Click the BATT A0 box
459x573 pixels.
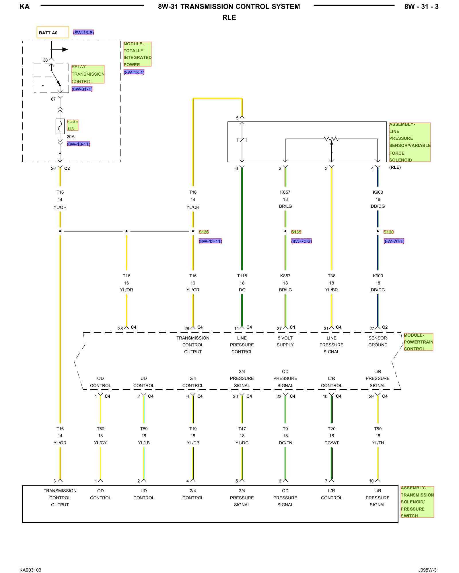(x=53, y=32)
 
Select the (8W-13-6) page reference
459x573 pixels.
(x=83, y=33)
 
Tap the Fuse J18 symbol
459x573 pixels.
(x=60, y=126)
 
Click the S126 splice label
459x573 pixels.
(x=204, y=232)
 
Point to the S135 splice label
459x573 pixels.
(x=296, y=232)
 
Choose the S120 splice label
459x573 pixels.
(x=388, y=232)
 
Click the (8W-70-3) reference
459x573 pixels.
(x=302, y=241)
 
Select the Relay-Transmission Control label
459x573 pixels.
(x=88, y=74)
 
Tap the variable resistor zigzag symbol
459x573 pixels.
(x=331, y=139)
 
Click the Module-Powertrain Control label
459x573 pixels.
(x=418, y=342)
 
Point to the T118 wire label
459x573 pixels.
(x=242, y=276)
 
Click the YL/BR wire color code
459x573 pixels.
(x=332, y=290)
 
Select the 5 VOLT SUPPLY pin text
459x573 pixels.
(x=285, y=342)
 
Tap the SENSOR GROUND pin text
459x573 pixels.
(x=378, y=342)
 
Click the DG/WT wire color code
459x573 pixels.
(x=332, y=443)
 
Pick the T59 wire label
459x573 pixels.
(x=144, y=429)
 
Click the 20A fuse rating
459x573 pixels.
(x=71, y=137)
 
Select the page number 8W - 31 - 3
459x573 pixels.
(x=421, y=7)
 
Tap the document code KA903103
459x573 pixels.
(x=30, y=570)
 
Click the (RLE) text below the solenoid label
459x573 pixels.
(x=395, y=167)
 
